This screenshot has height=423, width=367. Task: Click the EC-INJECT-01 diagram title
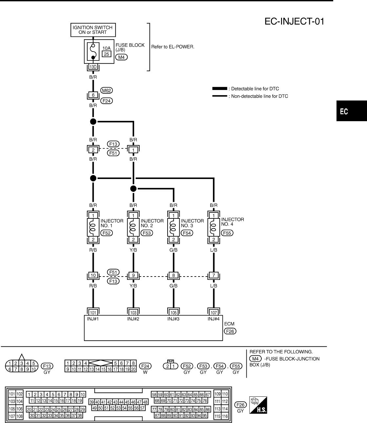click(294, 22)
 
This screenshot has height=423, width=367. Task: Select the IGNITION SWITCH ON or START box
click(92, 30)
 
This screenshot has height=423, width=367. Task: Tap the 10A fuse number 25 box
click(107, 54)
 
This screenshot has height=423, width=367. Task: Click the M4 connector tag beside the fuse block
click(121, 57)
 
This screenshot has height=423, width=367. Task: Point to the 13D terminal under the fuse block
click(93, 67)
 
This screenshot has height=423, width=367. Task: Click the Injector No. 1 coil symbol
click(93, 227)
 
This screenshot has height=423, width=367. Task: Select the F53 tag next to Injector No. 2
click(147, 233)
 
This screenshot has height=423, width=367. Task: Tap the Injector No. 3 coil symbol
click(173, 227)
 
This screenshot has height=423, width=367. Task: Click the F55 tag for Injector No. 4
click(227, 233)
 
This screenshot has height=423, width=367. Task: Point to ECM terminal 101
click(93, 312)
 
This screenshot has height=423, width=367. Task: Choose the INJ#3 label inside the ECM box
click(173, 319)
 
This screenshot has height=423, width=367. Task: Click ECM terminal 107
click(214, 312)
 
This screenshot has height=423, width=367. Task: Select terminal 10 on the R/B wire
click(93, 275)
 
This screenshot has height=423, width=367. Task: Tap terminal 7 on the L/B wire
click(214, 275)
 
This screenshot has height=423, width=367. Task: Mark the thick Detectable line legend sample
click(219, 89)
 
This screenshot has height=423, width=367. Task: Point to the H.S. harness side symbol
click(258, 405)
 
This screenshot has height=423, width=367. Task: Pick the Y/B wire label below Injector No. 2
click(133, 250)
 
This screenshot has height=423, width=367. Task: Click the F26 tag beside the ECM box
click(230, 331)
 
